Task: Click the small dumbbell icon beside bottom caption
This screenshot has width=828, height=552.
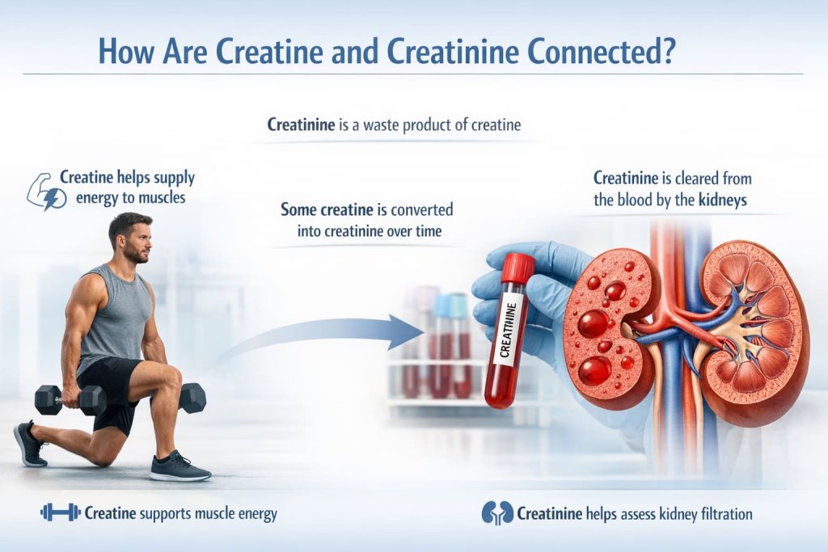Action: [x=60, y=512]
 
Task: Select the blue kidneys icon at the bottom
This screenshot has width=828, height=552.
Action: [x=496, y=512]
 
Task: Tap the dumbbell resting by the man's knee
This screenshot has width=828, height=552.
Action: [x=192, y=398]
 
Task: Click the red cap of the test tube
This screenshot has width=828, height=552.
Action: [x=517, y=268]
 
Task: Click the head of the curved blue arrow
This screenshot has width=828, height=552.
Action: [x=409, y=332]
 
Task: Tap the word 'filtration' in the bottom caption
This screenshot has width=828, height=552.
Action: [x=721, y=512]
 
